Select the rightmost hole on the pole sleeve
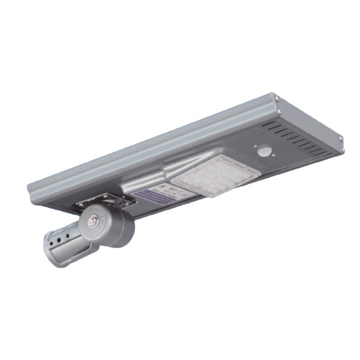click(68, 234)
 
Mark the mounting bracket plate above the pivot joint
click(101, 200)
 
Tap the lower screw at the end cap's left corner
click(280, 112)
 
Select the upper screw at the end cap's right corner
click(341, 138)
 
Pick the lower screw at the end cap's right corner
click(342, 149)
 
